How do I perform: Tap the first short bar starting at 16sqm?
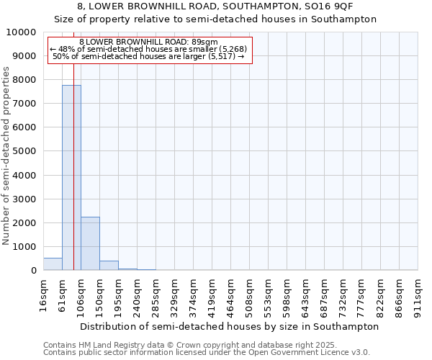53,264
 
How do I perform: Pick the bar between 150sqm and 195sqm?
109,266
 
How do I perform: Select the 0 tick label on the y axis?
33,271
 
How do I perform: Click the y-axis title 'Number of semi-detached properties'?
7,156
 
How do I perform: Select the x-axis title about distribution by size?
229,326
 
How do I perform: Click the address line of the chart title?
216,6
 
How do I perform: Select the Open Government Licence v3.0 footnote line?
207,352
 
